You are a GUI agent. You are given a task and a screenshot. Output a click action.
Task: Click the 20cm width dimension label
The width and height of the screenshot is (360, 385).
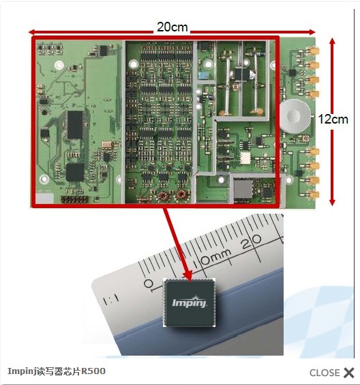172,27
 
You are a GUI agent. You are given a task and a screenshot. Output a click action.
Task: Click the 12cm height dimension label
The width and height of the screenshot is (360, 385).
333,119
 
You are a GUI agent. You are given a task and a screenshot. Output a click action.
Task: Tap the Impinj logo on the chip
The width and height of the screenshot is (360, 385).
190,302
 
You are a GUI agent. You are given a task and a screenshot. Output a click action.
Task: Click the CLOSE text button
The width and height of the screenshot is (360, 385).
324,373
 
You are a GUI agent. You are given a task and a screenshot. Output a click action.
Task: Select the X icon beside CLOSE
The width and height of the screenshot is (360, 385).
348,373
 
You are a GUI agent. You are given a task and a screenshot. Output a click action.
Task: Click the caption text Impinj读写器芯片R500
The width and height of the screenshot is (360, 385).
57,371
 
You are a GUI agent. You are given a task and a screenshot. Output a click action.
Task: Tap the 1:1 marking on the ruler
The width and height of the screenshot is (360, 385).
111,300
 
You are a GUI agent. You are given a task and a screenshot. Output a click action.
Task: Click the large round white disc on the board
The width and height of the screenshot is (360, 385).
295,116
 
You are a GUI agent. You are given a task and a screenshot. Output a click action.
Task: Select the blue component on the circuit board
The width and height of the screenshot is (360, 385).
203,74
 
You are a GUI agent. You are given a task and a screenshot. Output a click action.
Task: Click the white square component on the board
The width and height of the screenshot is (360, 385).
245,158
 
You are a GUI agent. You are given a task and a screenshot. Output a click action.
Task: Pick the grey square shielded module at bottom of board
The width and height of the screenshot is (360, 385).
243,189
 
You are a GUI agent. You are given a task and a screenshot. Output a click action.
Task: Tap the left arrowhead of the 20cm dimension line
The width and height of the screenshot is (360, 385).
32,32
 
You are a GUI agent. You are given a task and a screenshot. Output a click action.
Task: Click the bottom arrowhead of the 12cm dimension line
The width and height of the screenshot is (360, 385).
332,202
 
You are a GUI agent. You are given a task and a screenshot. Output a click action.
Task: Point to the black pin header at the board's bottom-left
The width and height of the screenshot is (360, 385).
74,199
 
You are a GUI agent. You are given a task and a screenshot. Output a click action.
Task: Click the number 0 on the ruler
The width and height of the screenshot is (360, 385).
148,283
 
